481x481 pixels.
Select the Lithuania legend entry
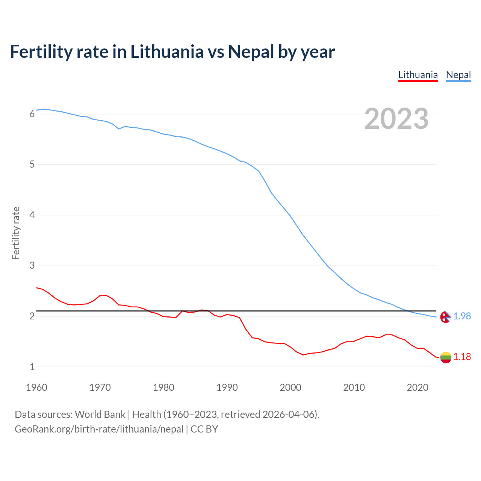418,75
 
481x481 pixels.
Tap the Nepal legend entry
458,75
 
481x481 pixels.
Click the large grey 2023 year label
396,119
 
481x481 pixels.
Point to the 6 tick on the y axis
32,114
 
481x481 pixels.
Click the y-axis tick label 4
32,215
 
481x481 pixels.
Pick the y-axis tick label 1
32,367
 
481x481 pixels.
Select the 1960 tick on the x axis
36,387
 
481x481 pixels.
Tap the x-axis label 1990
227,387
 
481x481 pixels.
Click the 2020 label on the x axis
417,387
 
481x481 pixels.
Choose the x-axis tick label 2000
290,387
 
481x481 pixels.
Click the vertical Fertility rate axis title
16,233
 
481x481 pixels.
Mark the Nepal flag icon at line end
445,317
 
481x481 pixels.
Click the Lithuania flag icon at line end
445,357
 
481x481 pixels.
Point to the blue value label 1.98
462,316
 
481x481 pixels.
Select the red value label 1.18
462,357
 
